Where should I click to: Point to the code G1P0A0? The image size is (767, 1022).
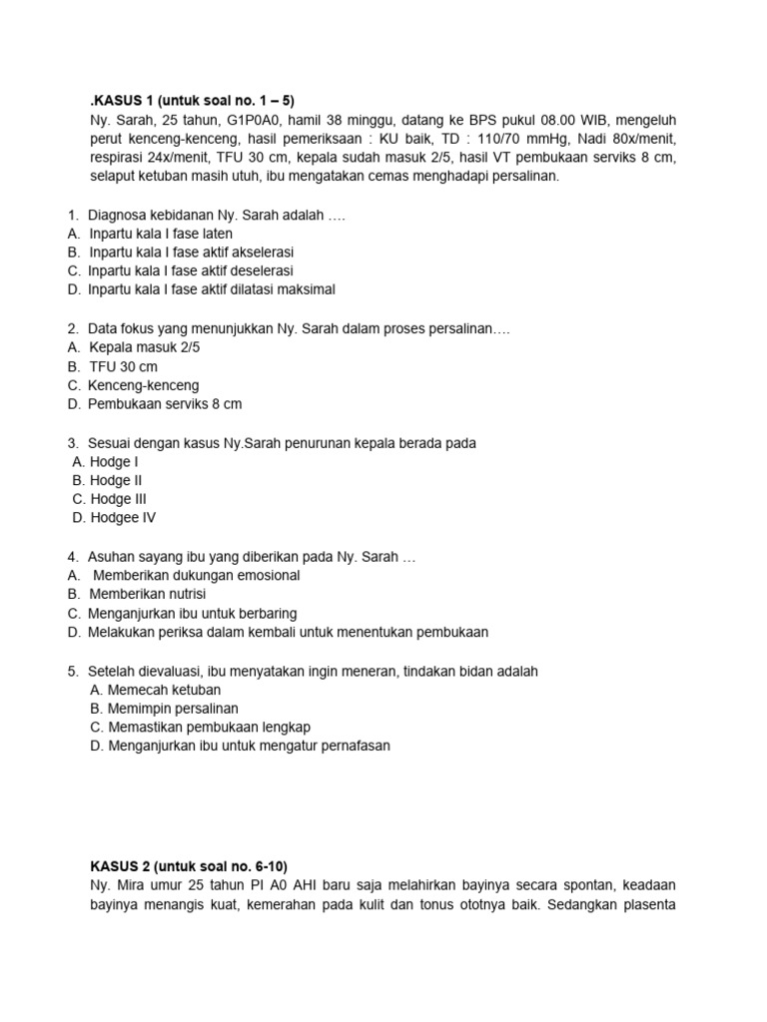click(x=250, y=119)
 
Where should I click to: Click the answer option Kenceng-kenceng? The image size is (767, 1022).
click(x=143, y=385)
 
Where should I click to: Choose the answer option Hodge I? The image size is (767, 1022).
click(x=114, y=462)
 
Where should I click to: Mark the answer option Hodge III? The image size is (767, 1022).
click(x=118, y=499)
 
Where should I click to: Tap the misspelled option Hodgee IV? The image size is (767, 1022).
click(x=122, y=518)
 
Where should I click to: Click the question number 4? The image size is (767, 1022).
click(x=73, y=557)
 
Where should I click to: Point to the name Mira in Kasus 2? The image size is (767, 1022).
click(x=130, y=885)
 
